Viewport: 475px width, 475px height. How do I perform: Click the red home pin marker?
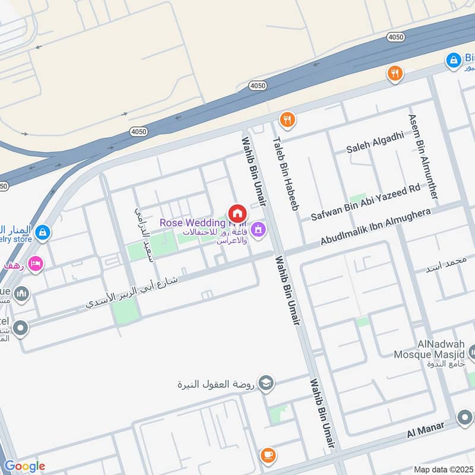237,214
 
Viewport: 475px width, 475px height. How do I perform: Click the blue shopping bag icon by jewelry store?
42,233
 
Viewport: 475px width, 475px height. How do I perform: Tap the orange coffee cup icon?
268,455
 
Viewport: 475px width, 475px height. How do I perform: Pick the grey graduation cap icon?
267,383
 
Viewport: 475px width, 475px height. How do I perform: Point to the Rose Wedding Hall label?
194,223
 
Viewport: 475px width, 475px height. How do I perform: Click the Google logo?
24,466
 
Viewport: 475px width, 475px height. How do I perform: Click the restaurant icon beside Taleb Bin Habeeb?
287,119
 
